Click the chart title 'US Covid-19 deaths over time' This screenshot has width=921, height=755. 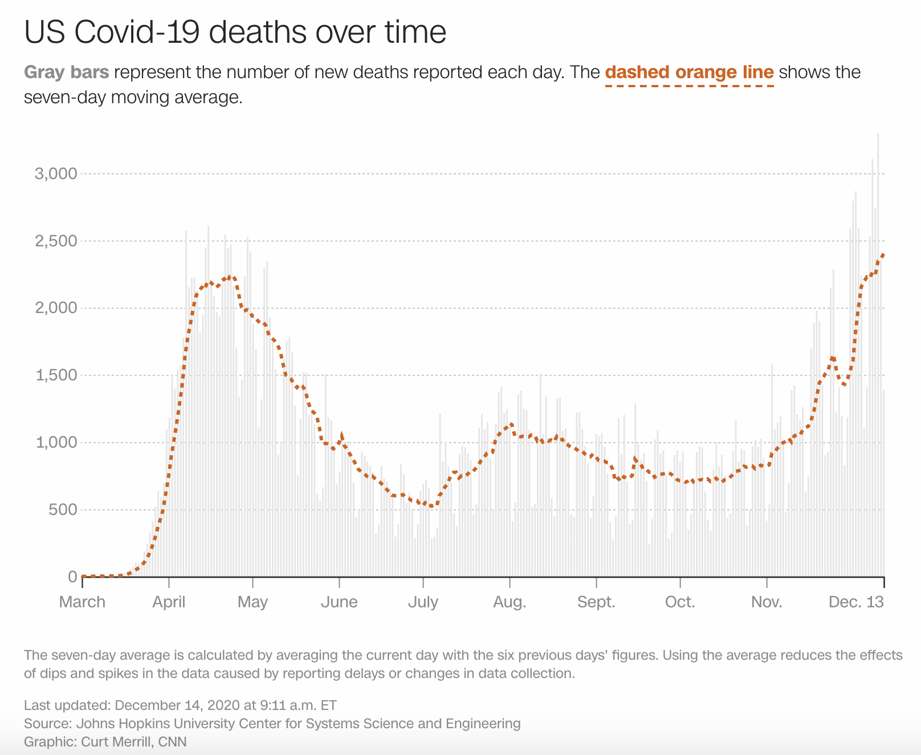(x=235, y=33)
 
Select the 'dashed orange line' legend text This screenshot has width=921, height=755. (x=689, y=72)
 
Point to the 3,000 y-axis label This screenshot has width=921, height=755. (x=56, y=173)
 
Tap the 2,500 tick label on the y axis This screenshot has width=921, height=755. (x=56, y=241)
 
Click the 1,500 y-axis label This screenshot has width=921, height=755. (x=56, y=375)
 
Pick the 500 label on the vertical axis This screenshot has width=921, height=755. (x=62, y=510)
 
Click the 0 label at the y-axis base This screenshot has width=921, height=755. (x=72, y=577)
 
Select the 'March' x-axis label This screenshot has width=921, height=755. (x=82, y=602)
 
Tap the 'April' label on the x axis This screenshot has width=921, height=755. (x=169, y=602)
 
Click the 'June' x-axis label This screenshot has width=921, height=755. (x=339, y=602)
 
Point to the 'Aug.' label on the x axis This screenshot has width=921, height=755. (x=510, y=602)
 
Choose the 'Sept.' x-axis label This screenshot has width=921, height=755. (x=596, y=602)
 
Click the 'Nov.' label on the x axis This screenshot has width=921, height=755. (x=767, y=602)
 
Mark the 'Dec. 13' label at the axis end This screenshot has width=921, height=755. (x=856, y=602)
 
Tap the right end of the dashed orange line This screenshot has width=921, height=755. (x=883, y=254)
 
